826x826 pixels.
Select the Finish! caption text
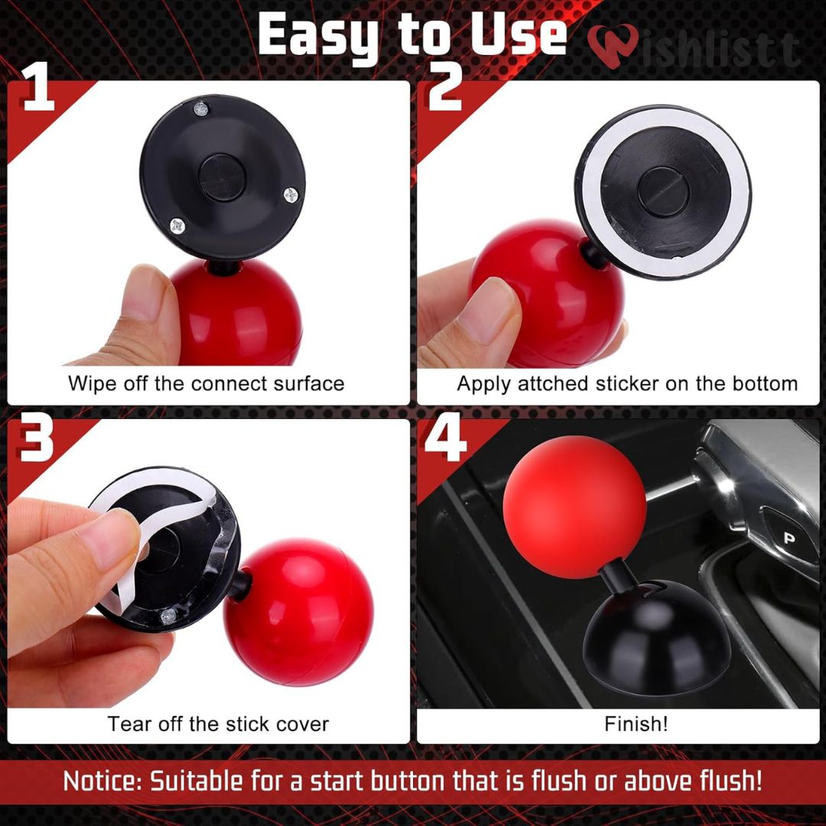[x=636, y=724]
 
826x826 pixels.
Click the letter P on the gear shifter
[x=789, y=538]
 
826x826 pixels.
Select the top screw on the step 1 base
[x=201, y=109]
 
